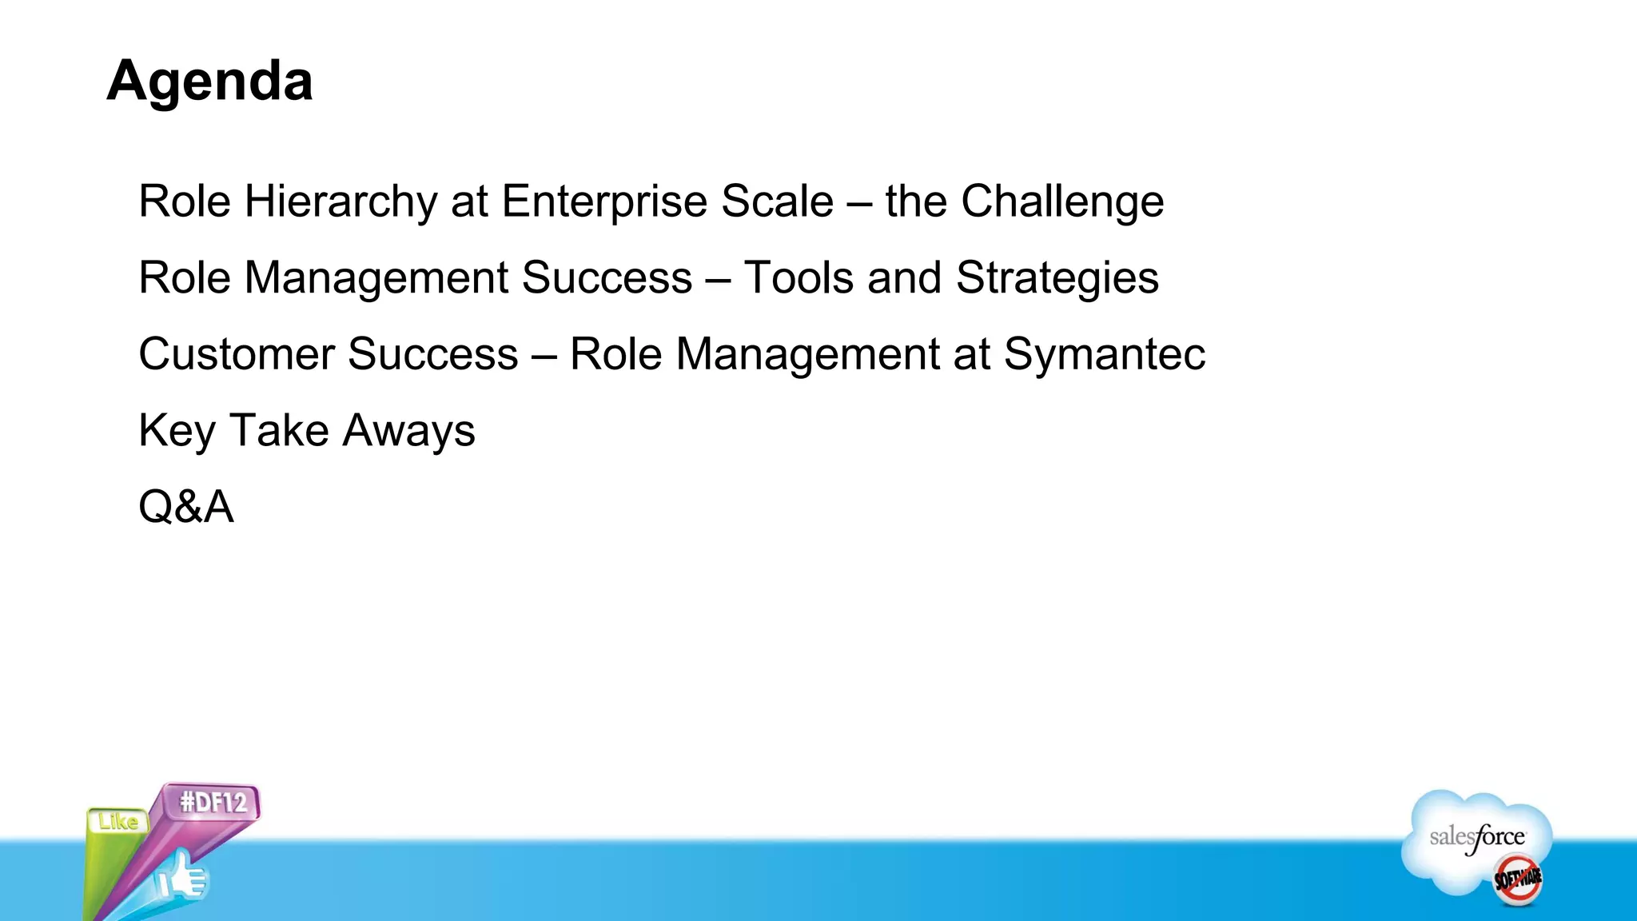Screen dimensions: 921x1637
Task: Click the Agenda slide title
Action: [209, 82]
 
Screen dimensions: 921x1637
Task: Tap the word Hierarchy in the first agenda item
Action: [341, 201]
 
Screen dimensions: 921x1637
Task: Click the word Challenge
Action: [1061, 201]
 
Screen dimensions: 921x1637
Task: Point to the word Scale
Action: [777, 201]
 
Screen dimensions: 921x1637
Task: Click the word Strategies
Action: [1057, 278]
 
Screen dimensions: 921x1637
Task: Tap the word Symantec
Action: [1104, 354]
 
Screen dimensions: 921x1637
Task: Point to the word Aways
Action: [409, 431]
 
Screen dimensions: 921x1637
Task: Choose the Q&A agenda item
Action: [186, 507]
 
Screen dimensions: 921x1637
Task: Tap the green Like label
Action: [117, 821]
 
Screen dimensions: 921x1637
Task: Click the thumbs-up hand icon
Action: [181, 877]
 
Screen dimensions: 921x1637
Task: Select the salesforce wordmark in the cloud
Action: [1476, 838]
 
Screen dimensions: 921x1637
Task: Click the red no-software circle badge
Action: [1518, 879]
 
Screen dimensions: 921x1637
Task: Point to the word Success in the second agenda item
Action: [607, 278]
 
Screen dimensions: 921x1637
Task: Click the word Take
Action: [279, 431]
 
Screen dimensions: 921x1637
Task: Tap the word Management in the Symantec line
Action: [807, 354]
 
